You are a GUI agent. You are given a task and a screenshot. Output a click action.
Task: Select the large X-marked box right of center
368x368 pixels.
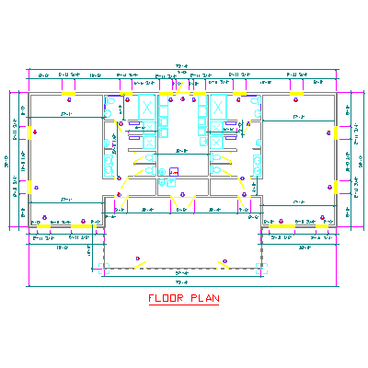pos(219,106)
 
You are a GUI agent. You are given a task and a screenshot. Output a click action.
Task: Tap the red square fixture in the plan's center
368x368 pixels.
pos(172,171)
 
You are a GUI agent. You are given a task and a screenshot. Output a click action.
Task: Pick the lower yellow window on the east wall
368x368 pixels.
pos(337,187)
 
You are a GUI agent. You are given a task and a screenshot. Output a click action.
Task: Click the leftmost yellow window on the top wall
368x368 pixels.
pos(67,93)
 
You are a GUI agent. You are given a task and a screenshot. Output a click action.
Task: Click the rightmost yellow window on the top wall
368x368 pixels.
pos(296,93)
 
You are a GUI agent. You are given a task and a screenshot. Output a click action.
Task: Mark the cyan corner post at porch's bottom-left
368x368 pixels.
pos(104,268)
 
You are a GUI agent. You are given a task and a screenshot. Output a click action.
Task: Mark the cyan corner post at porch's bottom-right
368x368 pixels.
pos(260,268)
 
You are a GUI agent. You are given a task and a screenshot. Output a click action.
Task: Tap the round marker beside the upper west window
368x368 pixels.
pos(36,132)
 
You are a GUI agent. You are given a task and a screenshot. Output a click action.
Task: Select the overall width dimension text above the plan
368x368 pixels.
pos(181,66)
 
